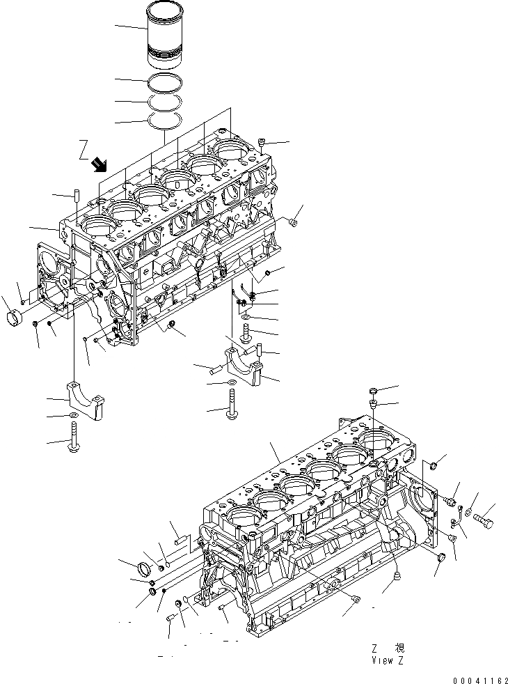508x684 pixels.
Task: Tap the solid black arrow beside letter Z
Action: pos(100,164)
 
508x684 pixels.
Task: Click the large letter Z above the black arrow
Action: pos(84,148)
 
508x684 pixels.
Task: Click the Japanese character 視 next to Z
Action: pos(399,647)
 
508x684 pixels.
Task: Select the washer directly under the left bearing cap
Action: pos(74,417)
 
